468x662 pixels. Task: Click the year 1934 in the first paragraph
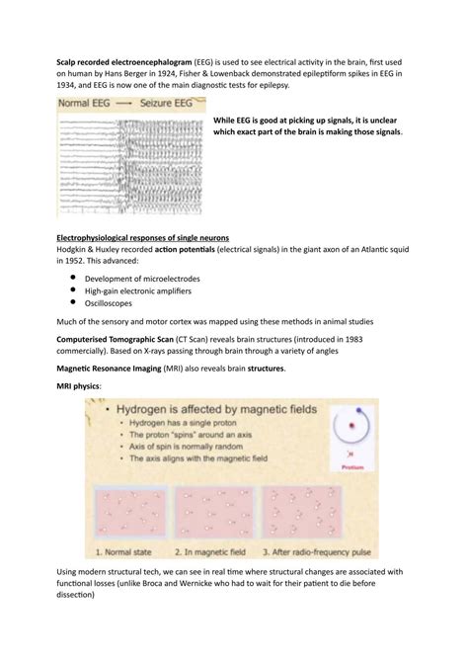coord(65,85)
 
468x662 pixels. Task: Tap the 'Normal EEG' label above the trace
coord(84,103)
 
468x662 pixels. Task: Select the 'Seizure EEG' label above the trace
coord(166,103)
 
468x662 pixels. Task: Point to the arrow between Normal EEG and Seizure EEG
coord(124,104)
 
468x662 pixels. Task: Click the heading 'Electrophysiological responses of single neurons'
coord(142,238)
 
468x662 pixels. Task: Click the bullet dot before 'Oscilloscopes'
coord(73,302)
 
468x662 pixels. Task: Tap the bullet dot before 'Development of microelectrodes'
coord(73,278)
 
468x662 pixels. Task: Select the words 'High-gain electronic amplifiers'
coord(138,290)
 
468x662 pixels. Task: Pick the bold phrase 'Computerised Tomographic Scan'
coord(116,340)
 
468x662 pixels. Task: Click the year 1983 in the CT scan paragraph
coord(353,340)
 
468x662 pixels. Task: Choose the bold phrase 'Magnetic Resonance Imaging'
coord(109,369)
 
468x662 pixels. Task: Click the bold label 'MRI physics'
coord(78,386)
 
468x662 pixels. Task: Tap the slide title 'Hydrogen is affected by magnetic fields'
coord(216,409)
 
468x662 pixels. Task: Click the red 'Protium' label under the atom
coord(352,467)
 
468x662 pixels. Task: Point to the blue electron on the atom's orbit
coord(358,410)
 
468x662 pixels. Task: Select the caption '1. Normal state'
coord(123,552)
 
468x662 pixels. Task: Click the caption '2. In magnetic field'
coord(210,552)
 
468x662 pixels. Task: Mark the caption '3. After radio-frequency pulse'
coord(317,552)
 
